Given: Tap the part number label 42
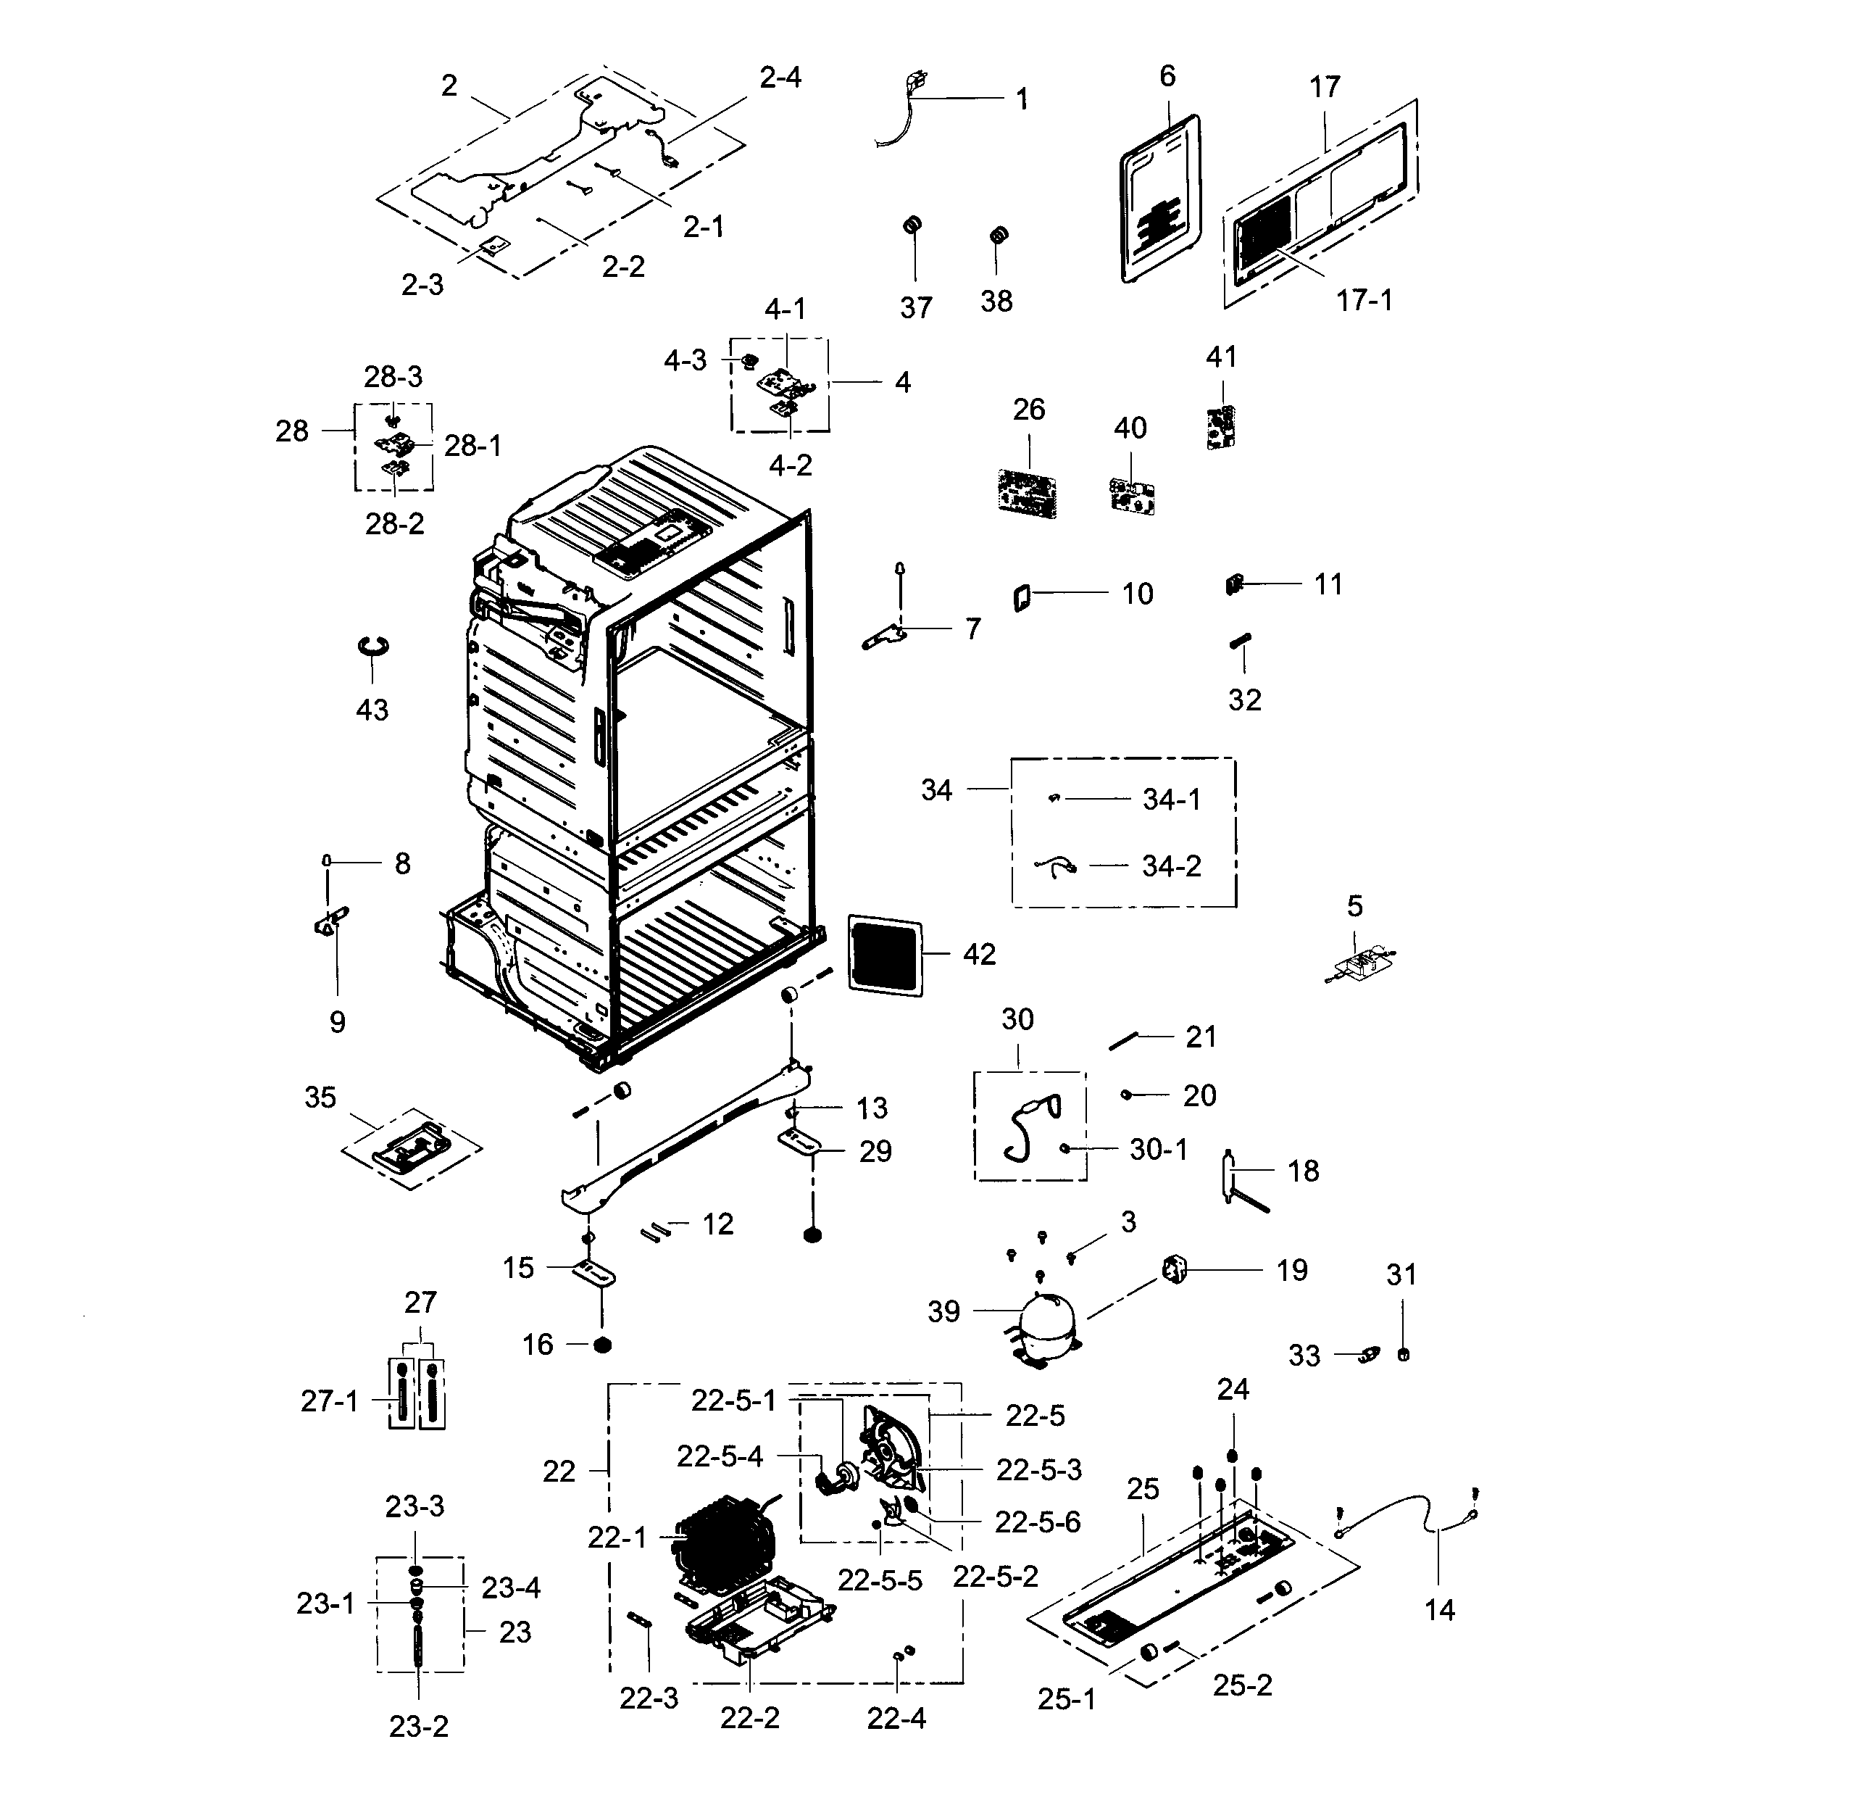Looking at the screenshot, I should coord(979,954).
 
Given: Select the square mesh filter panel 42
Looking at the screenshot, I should coord(884,955).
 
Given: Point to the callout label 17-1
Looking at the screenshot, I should coord(1364,301).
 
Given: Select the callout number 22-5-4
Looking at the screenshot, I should coord(720,1456).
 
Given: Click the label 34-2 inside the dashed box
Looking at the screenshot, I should coord(1172,866).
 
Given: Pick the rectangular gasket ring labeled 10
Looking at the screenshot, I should coord(1022,598).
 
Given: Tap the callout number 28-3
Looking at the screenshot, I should coord(393,376).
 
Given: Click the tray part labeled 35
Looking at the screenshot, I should coord(410,1147).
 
